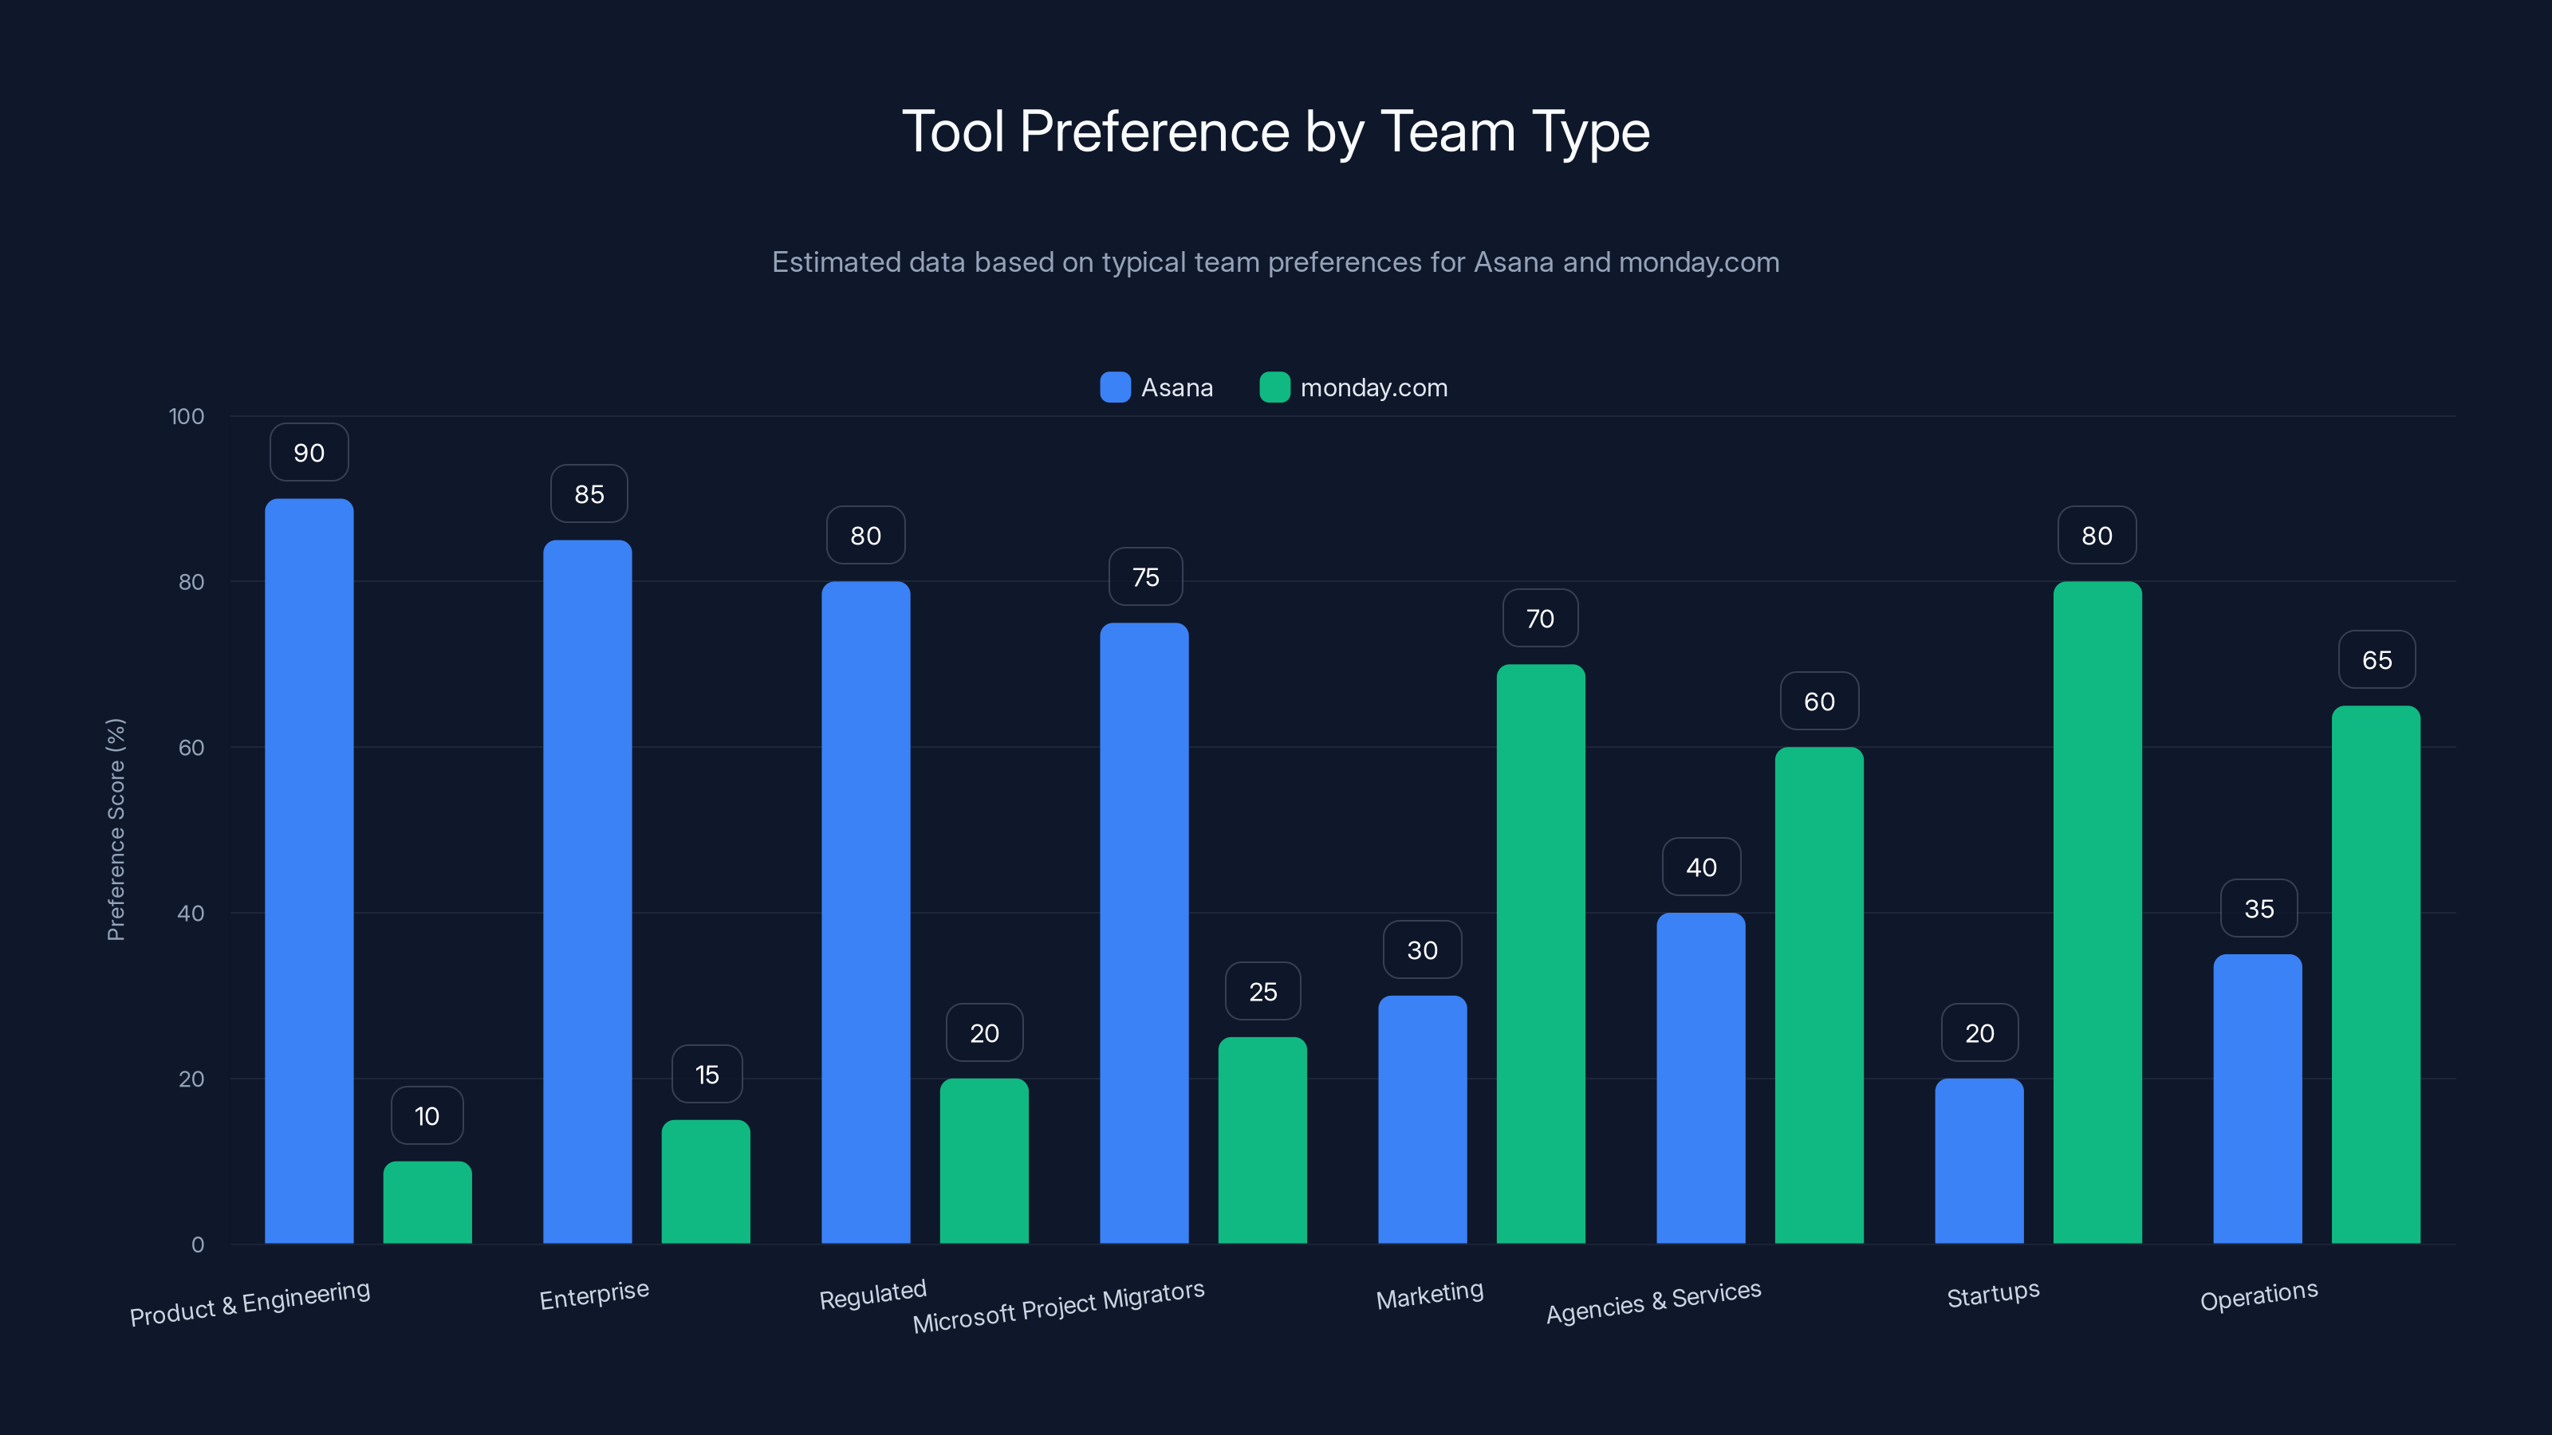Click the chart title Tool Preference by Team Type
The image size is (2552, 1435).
coord(1275,132)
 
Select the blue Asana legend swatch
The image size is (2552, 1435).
coord(1115,387)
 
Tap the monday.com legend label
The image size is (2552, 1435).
coord(1373,387)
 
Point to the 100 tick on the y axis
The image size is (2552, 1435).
coord(187,416)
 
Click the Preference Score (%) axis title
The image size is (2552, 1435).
coord(116,829)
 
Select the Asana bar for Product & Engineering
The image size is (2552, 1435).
coord(309,871)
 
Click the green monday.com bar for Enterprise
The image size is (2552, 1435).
coord(705,1181)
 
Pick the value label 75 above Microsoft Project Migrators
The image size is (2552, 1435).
coord(1145,576)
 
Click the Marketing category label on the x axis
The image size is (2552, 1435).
coord(1430,1295)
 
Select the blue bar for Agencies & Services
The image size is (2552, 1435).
coord(1701,1078)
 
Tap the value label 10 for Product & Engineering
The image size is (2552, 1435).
coord(427,1116)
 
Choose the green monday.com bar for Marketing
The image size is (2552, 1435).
coord(1541,953)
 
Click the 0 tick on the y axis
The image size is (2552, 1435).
coord(197,1244)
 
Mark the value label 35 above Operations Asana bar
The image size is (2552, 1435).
coord(2259,908)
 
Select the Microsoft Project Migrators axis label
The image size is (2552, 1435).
coord(1058,1307)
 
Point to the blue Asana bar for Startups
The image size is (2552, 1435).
coord(1979,1161)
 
